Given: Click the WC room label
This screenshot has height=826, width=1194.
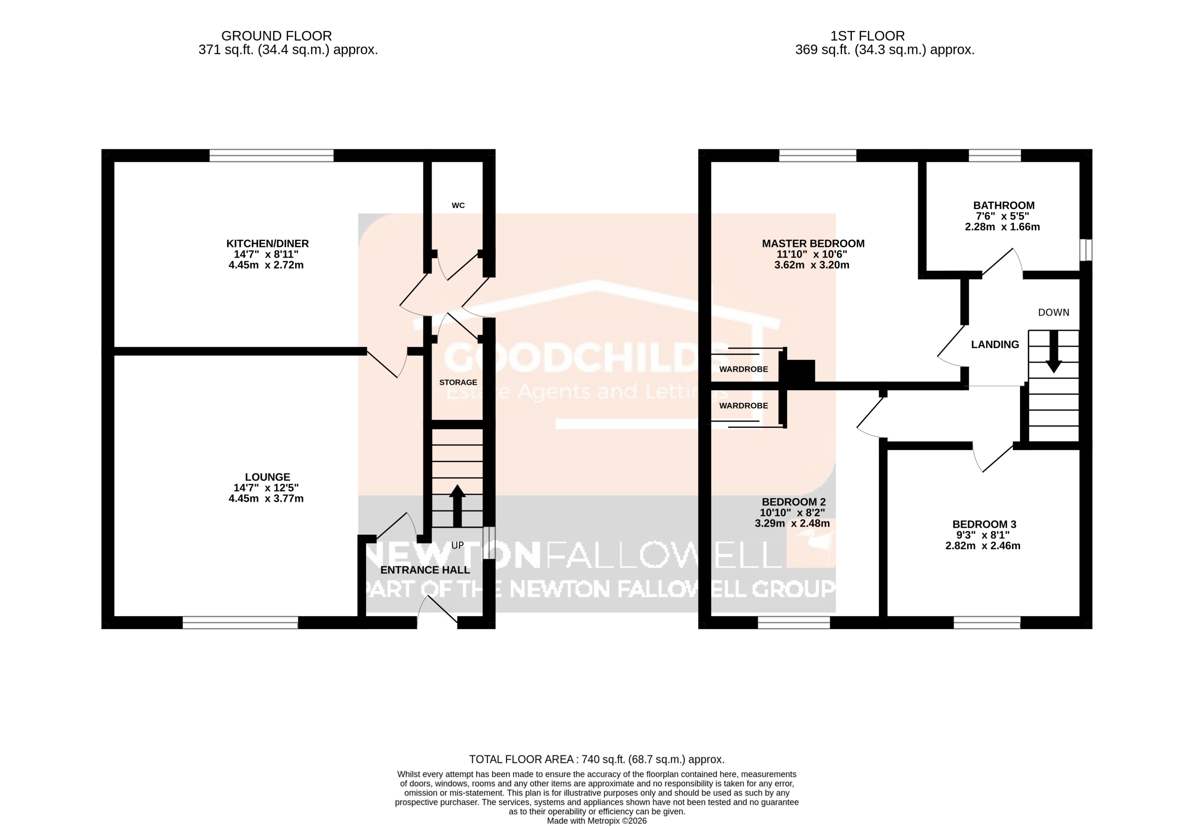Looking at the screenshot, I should coord(458,205).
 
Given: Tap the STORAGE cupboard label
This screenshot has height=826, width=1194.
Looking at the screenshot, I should coord(458,382).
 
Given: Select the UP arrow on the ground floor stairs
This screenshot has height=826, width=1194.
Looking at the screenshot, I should coord(457,506).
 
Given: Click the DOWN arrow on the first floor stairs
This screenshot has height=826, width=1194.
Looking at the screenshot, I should coord(1053,352).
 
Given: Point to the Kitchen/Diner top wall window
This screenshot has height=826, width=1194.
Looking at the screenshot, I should coord(271,155).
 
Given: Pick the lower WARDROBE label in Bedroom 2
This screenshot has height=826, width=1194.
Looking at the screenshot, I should coord(743,406).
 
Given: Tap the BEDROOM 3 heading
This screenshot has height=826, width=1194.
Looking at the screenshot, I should coord(984,524).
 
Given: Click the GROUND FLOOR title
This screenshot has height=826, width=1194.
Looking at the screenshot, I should coord(276,36).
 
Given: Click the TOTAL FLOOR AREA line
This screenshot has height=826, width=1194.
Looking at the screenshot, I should coord(596,759).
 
